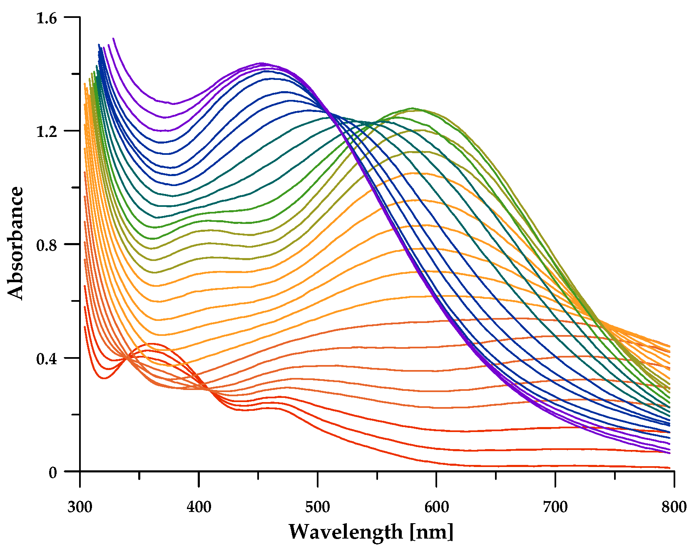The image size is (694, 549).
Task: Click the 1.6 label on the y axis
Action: [46, 18]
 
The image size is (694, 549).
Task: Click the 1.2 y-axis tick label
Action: [46, 132]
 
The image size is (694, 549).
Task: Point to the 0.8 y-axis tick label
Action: [46, 245]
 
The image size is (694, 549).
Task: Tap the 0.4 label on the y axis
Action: [46, 359]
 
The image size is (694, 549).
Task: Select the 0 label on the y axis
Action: [52, 472]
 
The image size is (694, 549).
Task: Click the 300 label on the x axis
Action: [80, 507]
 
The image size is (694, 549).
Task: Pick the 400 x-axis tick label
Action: [199, 507]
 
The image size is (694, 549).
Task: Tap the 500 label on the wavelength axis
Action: [318, 507]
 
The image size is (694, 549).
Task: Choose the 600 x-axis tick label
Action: [436, 507]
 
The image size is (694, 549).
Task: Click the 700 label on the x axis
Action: [555, 507]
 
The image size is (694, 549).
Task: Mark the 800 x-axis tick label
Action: [674, 507]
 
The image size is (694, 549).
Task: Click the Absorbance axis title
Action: [16, 243]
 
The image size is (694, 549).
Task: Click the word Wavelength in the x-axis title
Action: [346, 532]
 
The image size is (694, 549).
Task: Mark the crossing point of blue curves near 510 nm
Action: [329, 113]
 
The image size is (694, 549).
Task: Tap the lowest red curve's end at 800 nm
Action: [669, 467]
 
